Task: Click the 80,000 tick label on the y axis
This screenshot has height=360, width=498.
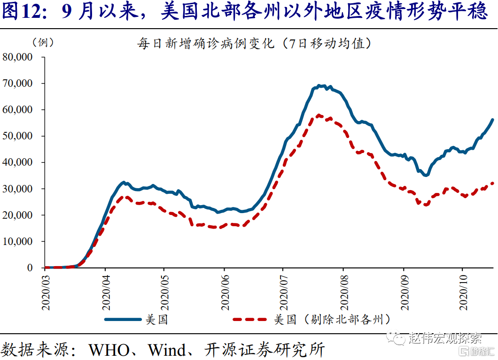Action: click(17, 57)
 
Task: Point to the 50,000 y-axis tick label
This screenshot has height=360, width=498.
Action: click(17, 136)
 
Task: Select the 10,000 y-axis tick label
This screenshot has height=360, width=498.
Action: click(17, 241)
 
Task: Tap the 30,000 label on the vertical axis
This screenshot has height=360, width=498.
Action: click(17, 189)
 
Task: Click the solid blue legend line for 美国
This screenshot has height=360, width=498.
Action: click(123, 320)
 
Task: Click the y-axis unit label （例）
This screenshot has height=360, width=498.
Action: click(43, 42)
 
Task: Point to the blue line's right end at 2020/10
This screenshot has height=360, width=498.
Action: click(492, 120)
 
